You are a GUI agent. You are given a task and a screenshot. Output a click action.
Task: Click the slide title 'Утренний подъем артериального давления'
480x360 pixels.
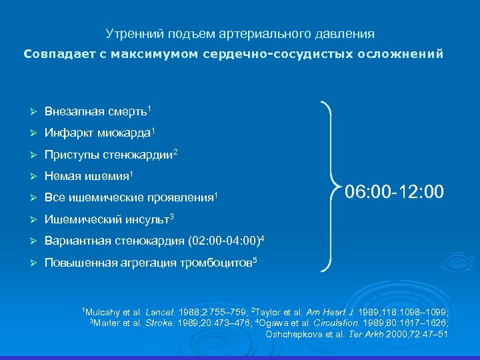240,33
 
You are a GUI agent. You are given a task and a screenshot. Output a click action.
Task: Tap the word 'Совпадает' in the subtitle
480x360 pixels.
51,53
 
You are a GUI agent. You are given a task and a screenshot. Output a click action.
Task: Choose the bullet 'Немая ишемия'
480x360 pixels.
86,176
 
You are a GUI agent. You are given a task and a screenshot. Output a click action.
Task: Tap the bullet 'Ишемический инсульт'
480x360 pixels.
106,219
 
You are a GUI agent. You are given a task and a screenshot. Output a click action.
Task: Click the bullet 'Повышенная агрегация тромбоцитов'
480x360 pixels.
147,263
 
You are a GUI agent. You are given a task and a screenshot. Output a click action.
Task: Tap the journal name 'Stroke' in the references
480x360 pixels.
155,323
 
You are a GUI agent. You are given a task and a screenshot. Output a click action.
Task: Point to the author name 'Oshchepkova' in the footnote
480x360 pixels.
293,334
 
